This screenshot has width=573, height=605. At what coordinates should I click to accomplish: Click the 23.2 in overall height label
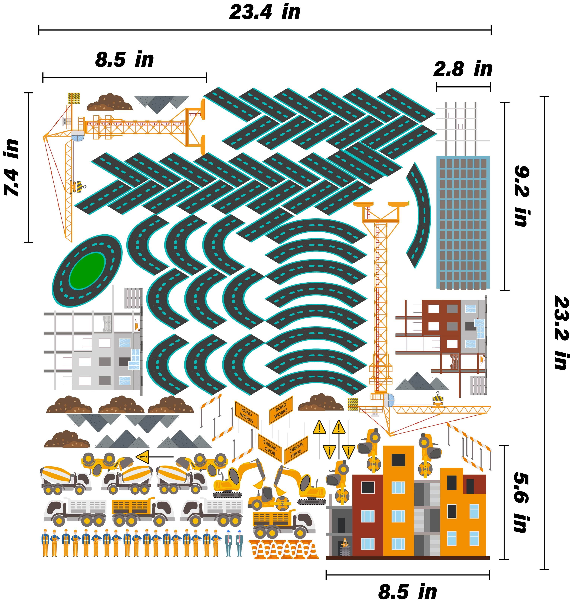pos(561,332)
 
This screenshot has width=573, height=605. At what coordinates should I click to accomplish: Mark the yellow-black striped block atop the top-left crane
pos(74,98)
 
